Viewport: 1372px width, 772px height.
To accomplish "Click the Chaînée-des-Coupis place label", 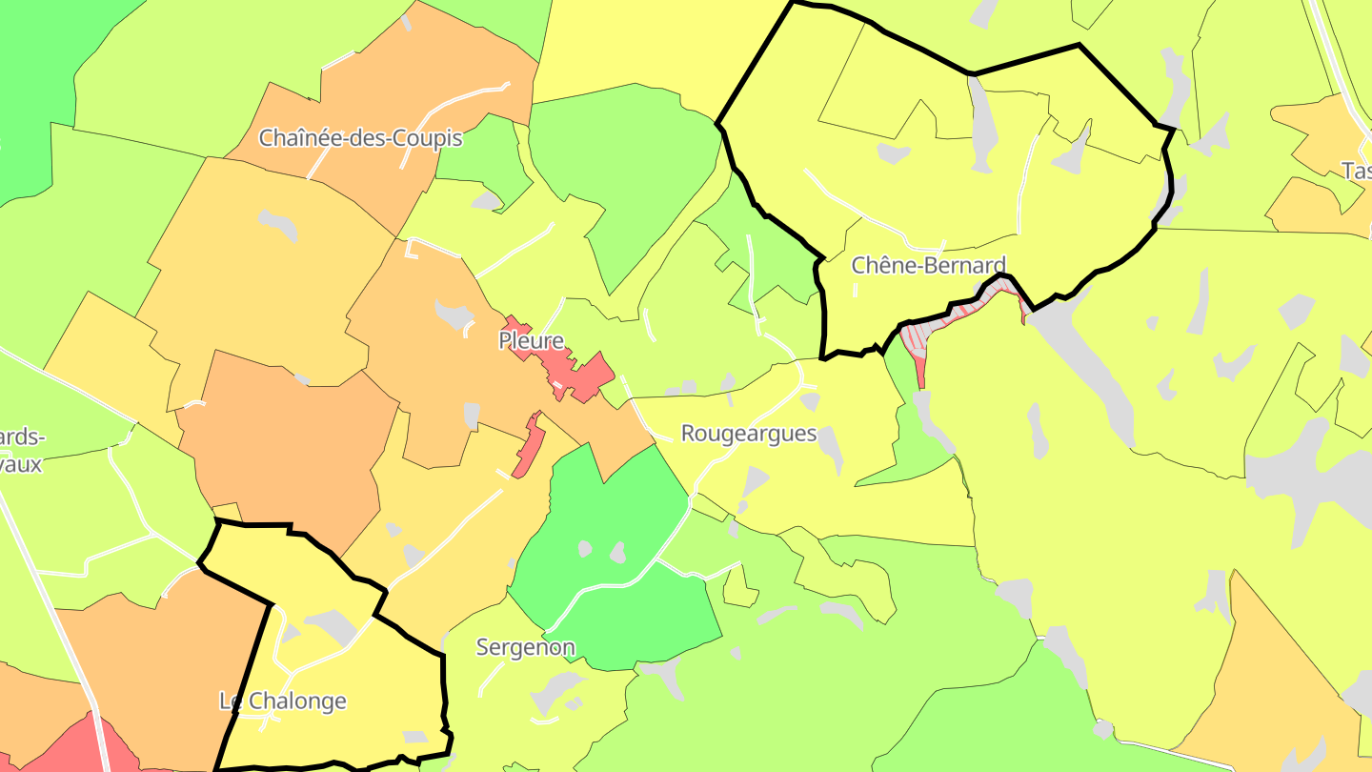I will tap(361, 138).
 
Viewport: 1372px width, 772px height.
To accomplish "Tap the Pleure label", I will tap(532, 340).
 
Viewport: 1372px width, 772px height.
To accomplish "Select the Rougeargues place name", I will tap(749, 434).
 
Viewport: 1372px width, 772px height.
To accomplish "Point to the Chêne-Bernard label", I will tap(928, 265).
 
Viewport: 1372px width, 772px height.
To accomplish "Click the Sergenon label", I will tap(525, 648).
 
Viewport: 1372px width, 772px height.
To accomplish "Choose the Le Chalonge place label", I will tap(283, 701).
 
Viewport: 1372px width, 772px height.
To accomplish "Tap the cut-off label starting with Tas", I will tap(1357, 171).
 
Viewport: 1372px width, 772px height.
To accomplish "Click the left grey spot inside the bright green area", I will tap(584, 549).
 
